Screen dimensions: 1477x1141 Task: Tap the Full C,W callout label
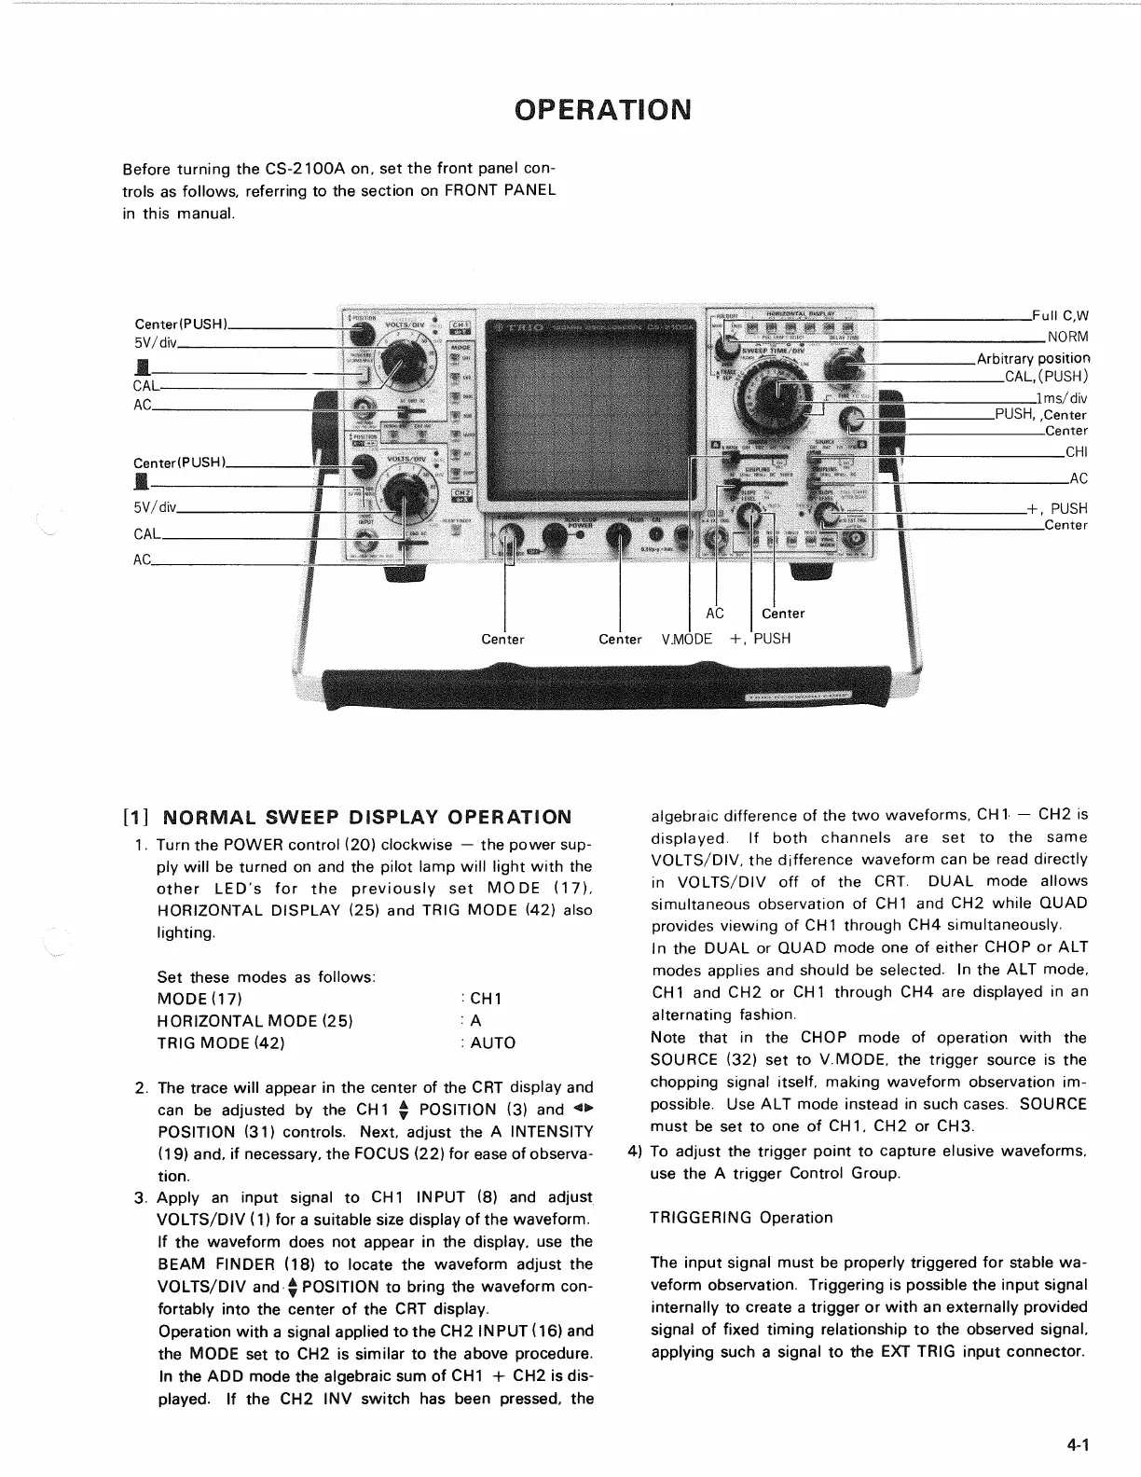(1060, 315)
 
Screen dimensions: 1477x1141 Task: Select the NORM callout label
(1067, 337)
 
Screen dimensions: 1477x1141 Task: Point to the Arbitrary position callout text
(1032, 359)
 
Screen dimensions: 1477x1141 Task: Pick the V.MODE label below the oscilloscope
(687, 640)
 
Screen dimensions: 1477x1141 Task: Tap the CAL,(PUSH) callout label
(1046, 378)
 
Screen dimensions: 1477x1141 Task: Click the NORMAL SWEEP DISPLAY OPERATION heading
(366, 818)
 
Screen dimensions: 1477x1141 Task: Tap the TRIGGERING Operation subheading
(741, 1218)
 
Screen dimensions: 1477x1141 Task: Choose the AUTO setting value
(492, 1043)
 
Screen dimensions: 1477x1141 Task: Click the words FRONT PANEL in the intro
(500, 190)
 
